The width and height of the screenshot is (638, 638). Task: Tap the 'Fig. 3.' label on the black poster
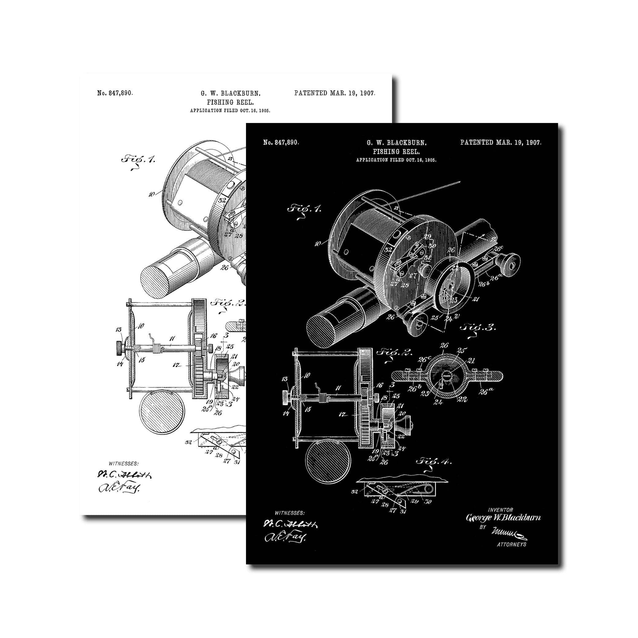point(478,328)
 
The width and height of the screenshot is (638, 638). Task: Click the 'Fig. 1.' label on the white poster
point(138,159)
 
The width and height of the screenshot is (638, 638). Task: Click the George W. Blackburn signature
point(503,517)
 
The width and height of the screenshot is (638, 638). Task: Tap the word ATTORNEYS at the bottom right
point(512,544)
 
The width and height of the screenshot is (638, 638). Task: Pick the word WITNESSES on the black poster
point(290,513)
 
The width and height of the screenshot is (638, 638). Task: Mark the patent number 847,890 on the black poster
point(281,143)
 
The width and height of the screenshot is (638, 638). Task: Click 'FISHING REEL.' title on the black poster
point(396,152)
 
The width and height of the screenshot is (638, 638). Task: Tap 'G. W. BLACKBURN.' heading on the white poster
point(230,94)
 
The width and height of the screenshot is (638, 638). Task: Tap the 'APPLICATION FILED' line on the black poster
point(396,160)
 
